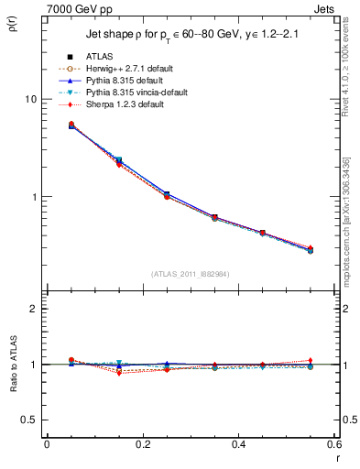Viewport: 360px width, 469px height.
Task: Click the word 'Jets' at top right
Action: click(x=324, y=8)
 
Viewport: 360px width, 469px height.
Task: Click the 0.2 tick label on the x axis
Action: click(x=142, y=444)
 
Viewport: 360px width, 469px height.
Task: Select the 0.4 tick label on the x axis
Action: click(x=238, y=444)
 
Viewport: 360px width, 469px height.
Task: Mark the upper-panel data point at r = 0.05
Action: click(x=71, y=125)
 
